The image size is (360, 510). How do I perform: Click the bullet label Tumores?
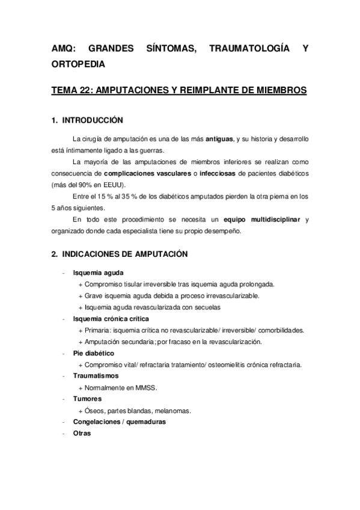(87, 399)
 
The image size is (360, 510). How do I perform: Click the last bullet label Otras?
(81, 434)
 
